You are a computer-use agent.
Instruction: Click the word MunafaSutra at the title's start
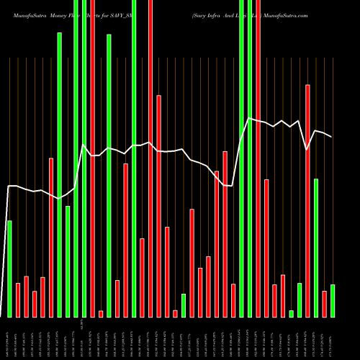[x=24, y=14]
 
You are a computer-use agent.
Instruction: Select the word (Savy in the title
[x=199, y=14]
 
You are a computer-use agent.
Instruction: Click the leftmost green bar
[x=9, y=269]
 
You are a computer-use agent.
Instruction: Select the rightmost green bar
[x=332, y=301]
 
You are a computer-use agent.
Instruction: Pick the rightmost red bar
[x=324, y=304]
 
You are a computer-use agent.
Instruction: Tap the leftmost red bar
[x=17, y=300]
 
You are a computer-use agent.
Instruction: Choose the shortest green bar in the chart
[x=291, y=313]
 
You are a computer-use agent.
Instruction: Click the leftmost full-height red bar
[x=92, y=158]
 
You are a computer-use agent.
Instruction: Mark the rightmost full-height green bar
[x=249, y=158]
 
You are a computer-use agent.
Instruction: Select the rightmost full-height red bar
[x=258, y=158]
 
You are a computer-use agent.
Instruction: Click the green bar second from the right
[x=315, y=248]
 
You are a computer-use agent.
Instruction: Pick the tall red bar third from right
[x=307, y=201]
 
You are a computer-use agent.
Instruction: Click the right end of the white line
[x=332, y=137]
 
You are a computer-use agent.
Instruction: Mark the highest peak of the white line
[x=248, y=119]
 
